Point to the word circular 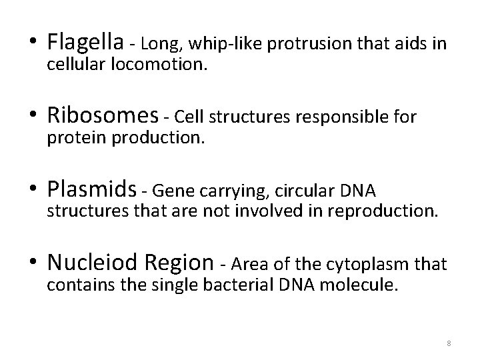point(289,191)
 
